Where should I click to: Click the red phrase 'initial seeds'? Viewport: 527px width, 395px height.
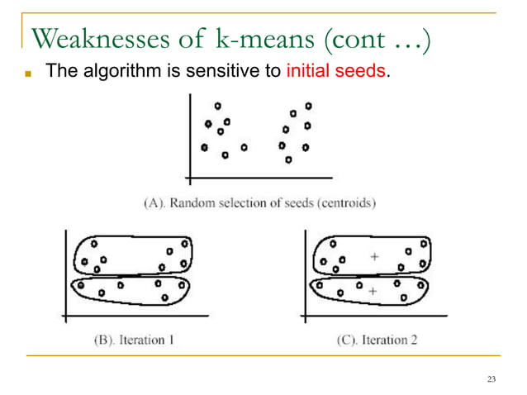tap(336, 71)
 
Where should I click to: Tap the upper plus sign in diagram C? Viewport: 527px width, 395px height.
tap(374, 258)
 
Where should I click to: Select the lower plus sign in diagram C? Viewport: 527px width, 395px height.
tap(373, 291)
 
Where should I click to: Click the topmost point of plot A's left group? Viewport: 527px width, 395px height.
tap(217, 106)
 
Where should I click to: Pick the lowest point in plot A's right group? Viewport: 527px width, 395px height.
tap(287, 160)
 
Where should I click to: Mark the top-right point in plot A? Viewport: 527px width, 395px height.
tap(309, 106)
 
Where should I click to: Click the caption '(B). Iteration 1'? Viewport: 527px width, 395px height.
tap(133, 340)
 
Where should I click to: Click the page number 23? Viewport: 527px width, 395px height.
tap(492, 379)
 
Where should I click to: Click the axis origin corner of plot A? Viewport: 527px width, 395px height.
tap(190, 178)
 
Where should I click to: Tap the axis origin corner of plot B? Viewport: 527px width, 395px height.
tap(65, 314)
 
